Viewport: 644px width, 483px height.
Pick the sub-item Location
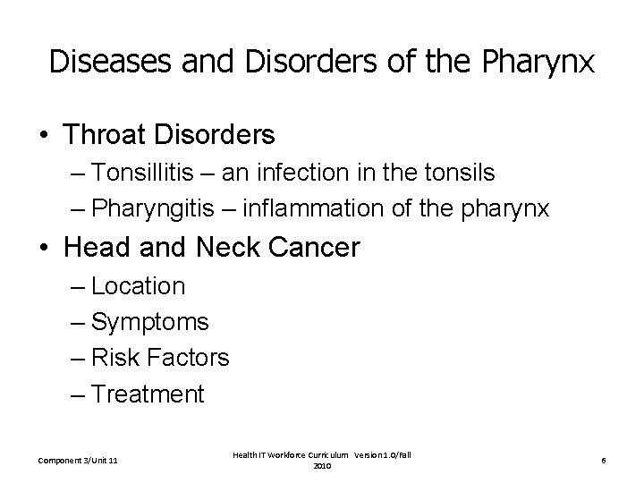coord(138,286)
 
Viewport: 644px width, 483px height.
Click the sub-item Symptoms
coord(149,322)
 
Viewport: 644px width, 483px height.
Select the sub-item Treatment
coord(148,394)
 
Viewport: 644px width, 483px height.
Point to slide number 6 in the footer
coord(604,461)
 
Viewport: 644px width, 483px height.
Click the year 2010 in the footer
coord(322,467)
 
